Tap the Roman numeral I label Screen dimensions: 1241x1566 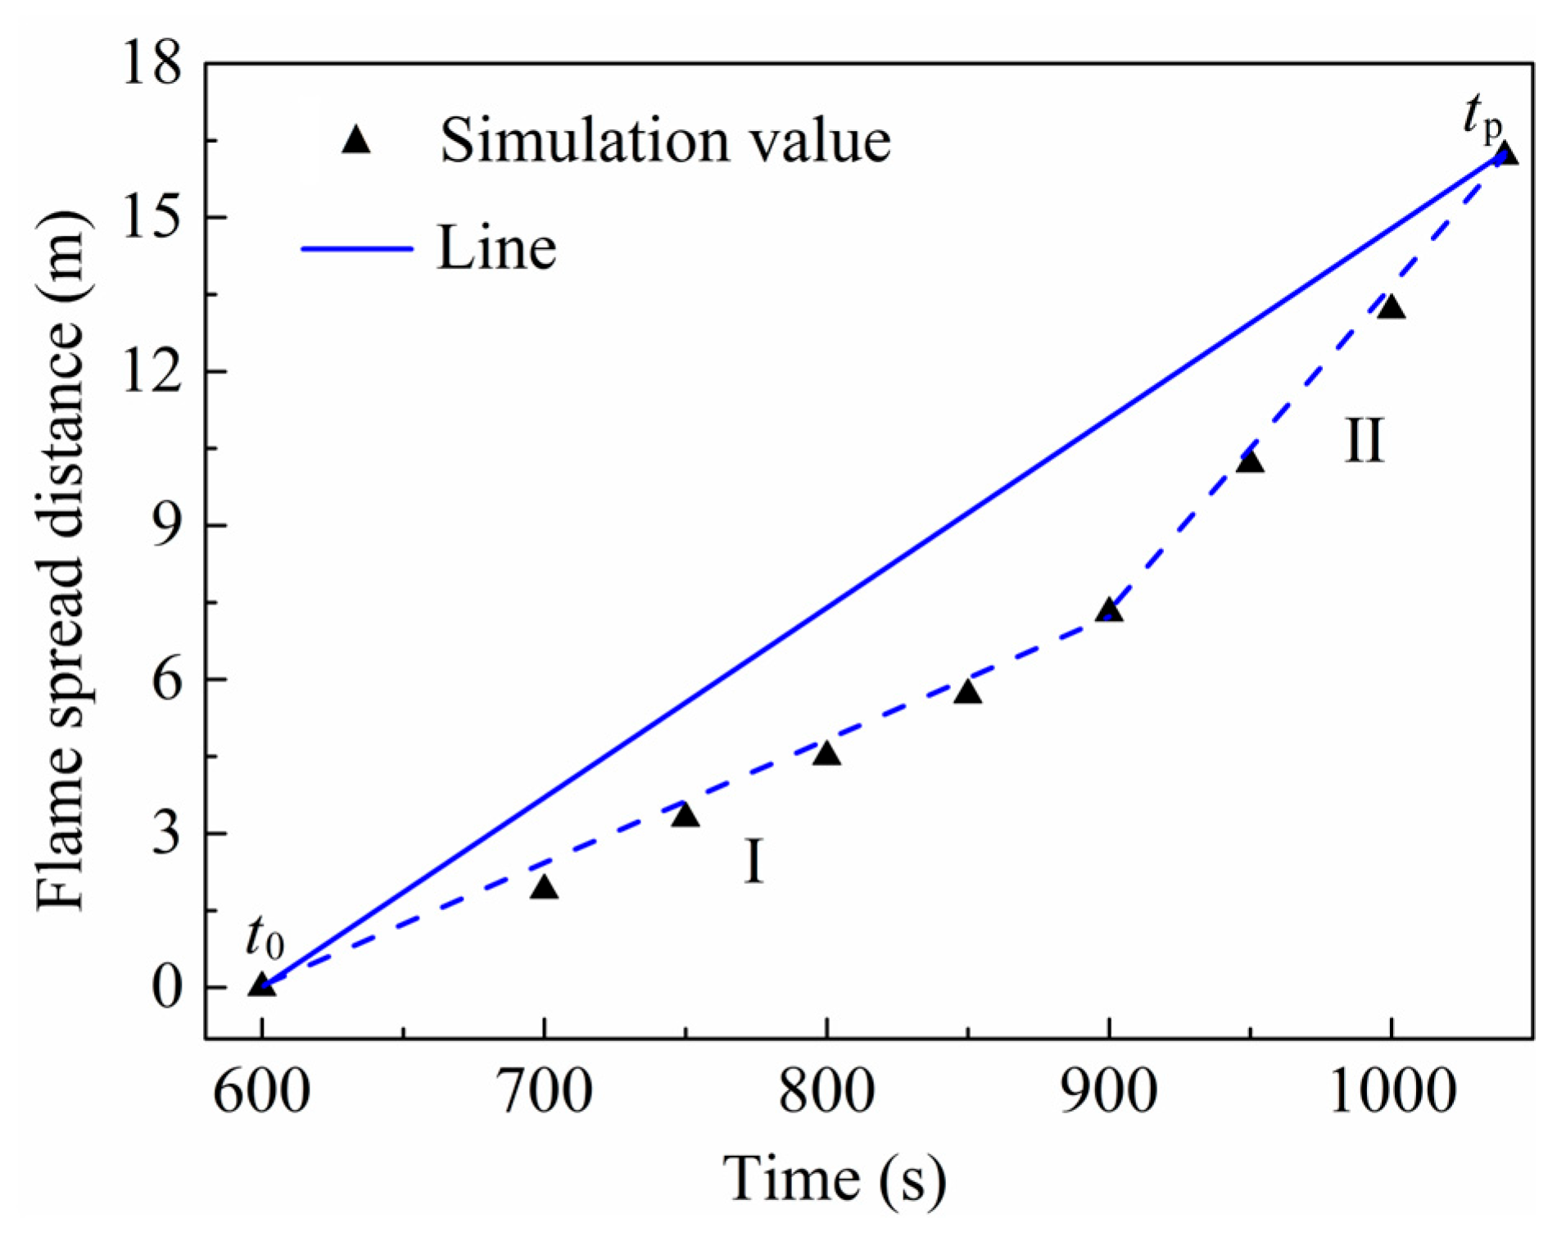754,862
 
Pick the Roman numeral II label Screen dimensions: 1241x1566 1364,442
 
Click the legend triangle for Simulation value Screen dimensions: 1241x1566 356,141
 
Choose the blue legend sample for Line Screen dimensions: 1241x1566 357,247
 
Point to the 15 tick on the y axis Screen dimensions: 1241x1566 151,218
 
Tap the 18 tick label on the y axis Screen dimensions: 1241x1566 151,64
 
